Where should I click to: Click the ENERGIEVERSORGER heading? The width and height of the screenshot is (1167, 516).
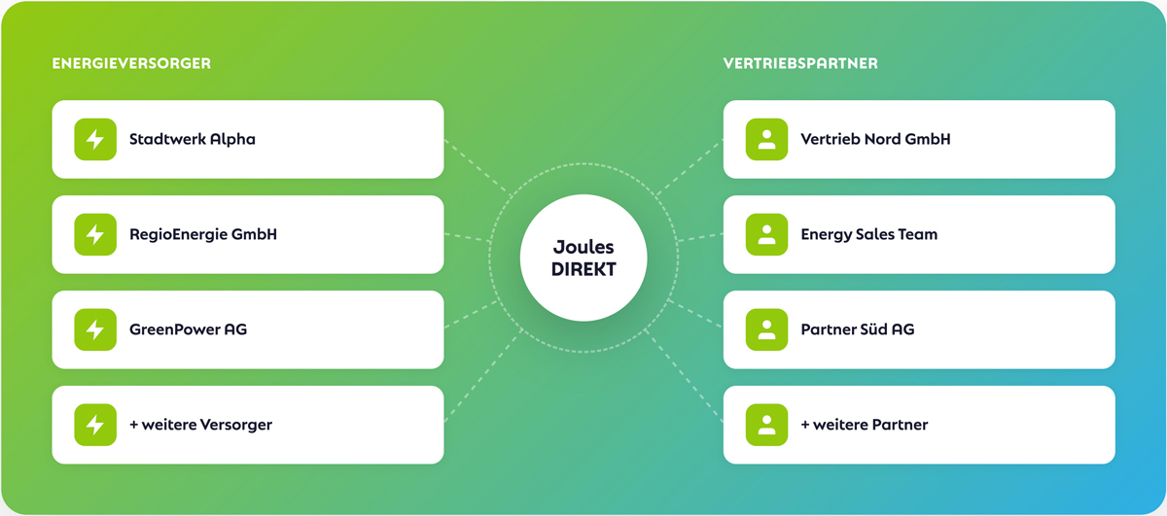tap(131, 63)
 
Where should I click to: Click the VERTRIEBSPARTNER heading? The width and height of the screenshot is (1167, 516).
tap(800, 63)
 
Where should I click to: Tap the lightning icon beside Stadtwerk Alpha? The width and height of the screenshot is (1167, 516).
tap(95, 139)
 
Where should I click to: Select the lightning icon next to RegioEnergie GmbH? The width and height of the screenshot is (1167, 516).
tap(95, 234)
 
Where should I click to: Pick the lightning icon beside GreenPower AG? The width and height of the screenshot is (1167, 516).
tap(95, 329)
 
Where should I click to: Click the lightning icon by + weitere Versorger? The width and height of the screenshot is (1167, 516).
tap(95, 425)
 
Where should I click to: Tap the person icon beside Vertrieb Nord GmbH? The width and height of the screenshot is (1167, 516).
tap(766, 139)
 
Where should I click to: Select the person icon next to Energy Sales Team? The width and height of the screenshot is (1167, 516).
tap(766, 234)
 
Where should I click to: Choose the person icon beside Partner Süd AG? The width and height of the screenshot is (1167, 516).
tap(766, 329)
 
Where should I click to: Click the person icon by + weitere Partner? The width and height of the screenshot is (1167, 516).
tap(766, 425)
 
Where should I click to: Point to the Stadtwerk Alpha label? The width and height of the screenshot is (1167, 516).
tap(193, 139)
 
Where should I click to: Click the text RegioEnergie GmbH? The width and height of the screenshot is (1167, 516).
tap(203, 234)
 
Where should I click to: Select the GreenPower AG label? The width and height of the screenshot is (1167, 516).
tap(188, 329)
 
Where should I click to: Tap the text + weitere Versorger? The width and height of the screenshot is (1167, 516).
tap(200, 425)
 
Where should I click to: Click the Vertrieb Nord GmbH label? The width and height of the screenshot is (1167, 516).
tap(875, 139)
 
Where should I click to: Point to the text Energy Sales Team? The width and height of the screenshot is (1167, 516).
tap(868, 234)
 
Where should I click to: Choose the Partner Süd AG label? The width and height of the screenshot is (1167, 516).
tap(857, 329)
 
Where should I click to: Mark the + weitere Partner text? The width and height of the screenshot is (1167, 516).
tap(864, 425)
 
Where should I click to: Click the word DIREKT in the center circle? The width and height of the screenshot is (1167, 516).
tap(583, 270)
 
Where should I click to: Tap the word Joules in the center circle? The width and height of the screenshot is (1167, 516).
tap(583, 248)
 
